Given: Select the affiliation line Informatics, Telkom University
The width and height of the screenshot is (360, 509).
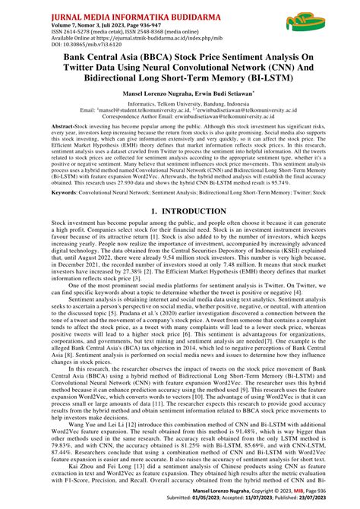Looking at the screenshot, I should tap(179, 122).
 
